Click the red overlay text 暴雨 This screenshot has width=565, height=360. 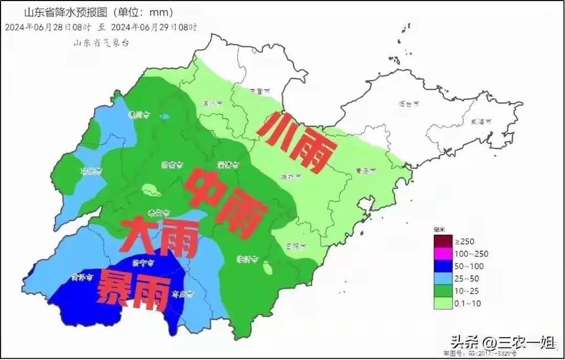tap(133, 291)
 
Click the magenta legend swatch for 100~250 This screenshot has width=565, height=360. tap(443, 253)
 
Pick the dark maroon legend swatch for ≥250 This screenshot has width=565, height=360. tap(443, 241)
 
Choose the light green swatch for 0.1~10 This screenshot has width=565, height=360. tap(443, 302)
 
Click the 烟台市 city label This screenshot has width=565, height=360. tap(409, 103)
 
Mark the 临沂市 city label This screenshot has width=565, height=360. tap(246, 258)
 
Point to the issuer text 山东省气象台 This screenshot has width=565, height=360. tap(101, 42)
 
